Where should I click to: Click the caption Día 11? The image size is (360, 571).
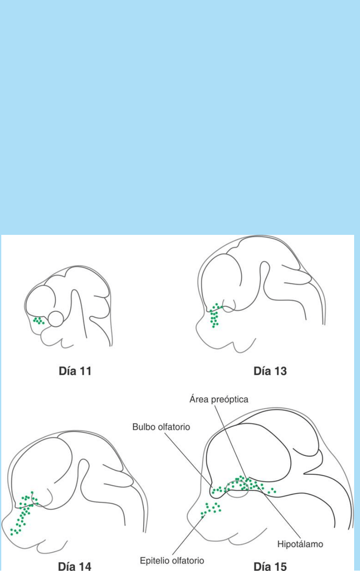pos(75,371)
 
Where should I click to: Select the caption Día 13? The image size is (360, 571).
pos(270,371)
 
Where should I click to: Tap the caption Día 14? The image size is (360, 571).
pos(75,566)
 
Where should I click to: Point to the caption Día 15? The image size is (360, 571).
pos(271,566)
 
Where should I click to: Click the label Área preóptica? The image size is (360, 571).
pos(219,399)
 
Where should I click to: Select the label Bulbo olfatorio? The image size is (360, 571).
pos(161,427)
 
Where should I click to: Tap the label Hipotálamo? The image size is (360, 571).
pos(300,544)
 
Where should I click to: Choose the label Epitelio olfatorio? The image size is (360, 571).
pos(172,561)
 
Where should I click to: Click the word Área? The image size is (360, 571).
pos(200,399)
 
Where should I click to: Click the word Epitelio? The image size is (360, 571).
pos(155,561)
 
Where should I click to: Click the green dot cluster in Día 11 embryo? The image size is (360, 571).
pos(39,321)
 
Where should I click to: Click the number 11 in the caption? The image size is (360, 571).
pos(84,371)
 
